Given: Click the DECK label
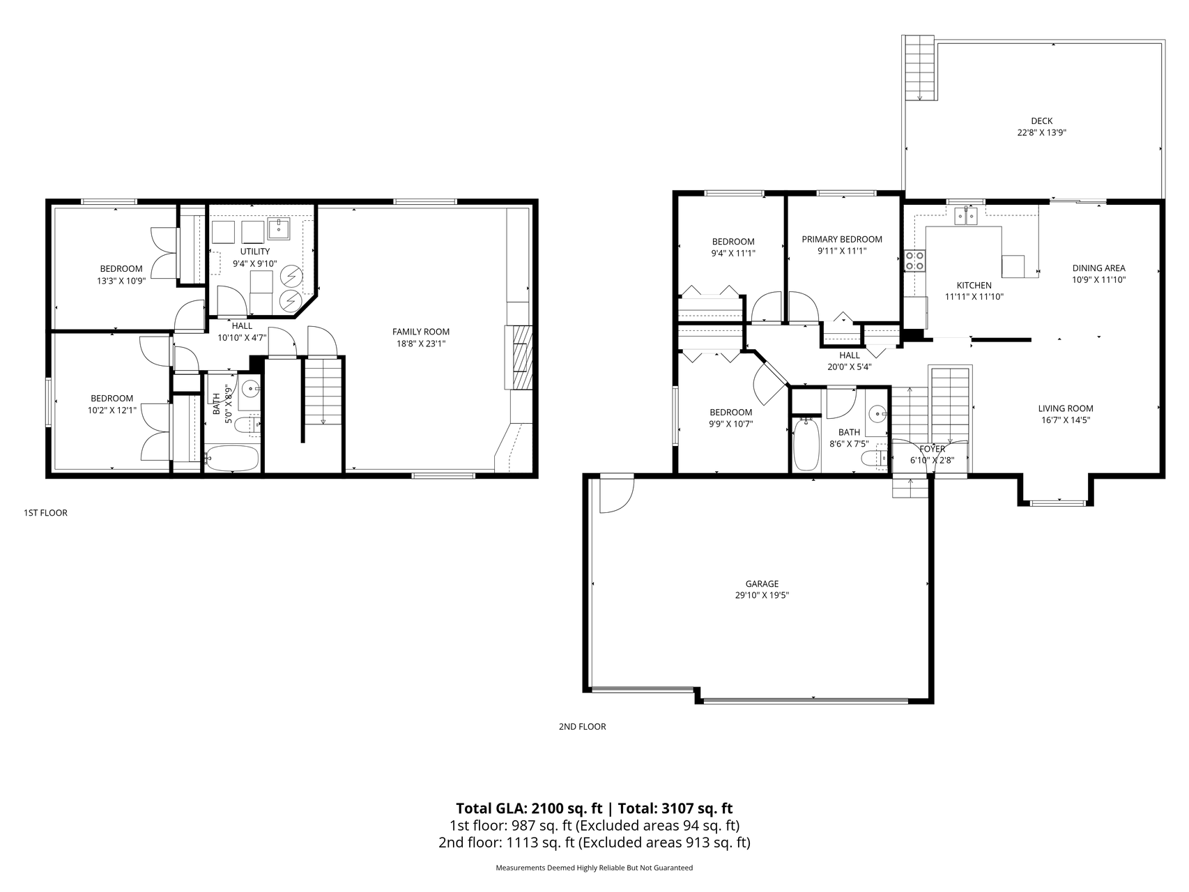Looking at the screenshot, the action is tap(1041, 121).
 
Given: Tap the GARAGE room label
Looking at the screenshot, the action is tap(762, 584).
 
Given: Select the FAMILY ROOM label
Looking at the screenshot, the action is tap(420, 332).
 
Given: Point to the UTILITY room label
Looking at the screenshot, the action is tap(254, 252).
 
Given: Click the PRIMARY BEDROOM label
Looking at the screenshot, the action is tap(842, 239).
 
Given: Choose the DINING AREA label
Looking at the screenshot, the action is tap(1098, 268).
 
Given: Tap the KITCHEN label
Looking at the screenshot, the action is tap(974, 285).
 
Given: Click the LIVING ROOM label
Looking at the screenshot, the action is tap(1066, 408).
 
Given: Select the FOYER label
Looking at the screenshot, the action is tap(932, 449).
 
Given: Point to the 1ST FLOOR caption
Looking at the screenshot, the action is tap(45, 513).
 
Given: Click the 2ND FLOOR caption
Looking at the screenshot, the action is tap(582, 726).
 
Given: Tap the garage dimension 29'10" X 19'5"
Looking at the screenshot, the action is tap(762, 595).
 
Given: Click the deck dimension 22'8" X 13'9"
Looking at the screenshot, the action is tap(1041, 132).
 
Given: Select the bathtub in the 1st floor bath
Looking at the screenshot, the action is tap(232, 458).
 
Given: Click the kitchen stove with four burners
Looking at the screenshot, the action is tap(914, 260).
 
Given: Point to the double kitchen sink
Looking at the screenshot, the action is tap(966, 216).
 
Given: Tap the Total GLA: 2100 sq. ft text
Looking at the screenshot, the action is tap(529, 808).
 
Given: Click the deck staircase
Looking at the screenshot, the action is tap(919, 68).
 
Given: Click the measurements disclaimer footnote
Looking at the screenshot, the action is tap(594, 868).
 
